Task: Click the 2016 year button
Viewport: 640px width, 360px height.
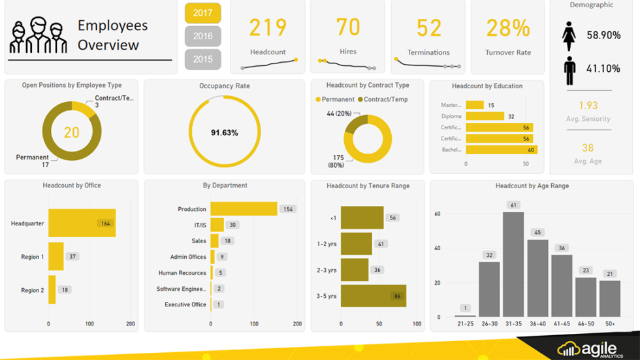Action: pyautogui.click(x=202, y=36)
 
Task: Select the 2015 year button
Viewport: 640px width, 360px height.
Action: pyautogui.click(x=202, y=59)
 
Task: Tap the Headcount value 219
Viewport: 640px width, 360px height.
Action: pyautogui.click(x=268, y=27)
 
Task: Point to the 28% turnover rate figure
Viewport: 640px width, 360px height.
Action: pyautogui.click(x=508, y=28)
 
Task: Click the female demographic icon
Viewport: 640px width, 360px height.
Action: pyautogui.click(x=569, y=36)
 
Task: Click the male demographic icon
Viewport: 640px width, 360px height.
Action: pyautogui.click(x=569, y=70)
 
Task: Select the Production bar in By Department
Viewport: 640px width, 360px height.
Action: pyautogui.click(x=244, y=209)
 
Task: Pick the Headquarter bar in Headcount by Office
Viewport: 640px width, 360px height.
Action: pyautogui.click(x=82, y=223)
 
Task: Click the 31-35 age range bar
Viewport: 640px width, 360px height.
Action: pyautogui.click(x=513, y=264)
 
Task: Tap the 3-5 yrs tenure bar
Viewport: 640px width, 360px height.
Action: pyautogui.click(x=373, y=296)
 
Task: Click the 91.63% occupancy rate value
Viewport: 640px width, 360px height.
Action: pyautogui.click(x=224, y=133)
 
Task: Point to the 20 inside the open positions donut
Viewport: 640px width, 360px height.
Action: pyautogui.click(x=71, y=133)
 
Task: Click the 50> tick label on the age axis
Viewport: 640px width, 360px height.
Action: pyautogui.click(x=609, y=324)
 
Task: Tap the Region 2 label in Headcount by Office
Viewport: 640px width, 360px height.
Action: pyautogui.click(x=32, y=290)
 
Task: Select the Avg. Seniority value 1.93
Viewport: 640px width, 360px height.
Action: pyautogui.click(x=588, y=105)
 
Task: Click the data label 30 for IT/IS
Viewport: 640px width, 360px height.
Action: pyautogui.click(x=232, y=225)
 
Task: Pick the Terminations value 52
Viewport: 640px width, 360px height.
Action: pyautogui.click(x=429, y=27)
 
